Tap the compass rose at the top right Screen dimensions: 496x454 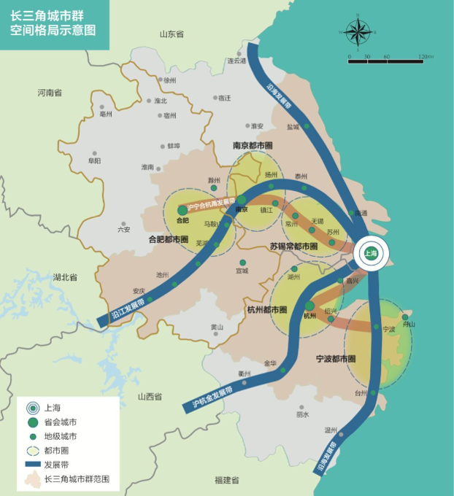(357, 31)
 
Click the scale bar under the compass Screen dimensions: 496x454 (386, 61)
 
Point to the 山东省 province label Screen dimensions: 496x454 (172, 34)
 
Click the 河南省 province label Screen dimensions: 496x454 (50, 93)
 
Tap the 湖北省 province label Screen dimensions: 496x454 (65, 277)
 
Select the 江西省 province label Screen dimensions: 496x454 (150, 396)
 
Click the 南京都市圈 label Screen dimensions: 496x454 (253, 146)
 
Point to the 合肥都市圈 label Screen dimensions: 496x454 (169, 239)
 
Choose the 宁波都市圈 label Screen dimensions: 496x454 (336, 360)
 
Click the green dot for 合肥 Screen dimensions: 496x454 (182, 210)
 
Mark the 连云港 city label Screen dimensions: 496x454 (237, 61)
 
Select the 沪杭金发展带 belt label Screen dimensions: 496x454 (213, 395)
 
